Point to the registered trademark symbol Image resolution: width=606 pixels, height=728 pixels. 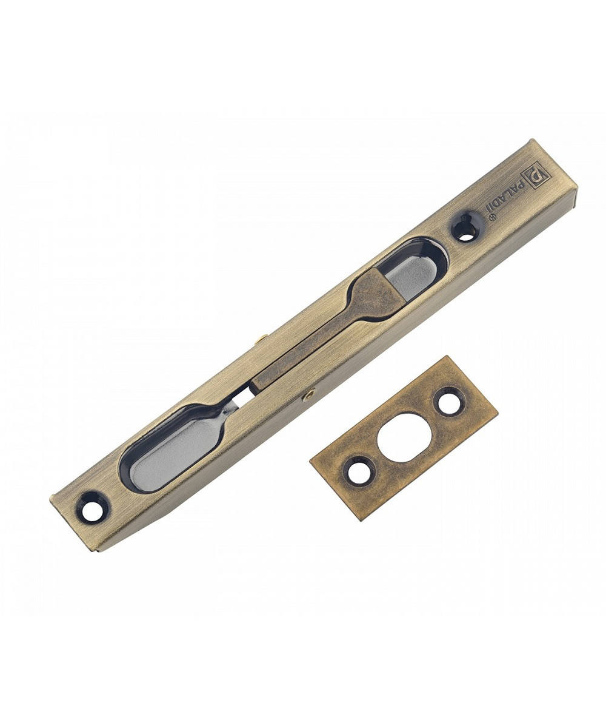tap(493, 217)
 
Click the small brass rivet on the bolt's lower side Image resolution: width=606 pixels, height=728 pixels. tap(308, 394)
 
